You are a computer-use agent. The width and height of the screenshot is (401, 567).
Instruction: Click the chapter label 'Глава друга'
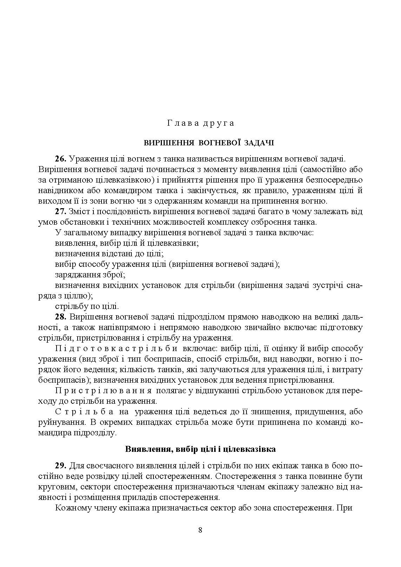(x=200, y=123)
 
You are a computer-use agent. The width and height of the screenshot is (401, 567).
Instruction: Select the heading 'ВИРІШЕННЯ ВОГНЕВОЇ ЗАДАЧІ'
(x=209, y=143)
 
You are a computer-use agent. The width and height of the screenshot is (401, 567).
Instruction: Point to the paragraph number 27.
(x=61, y=212)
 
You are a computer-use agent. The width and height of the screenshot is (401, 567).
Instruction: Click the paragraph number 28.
(x=61, y=317)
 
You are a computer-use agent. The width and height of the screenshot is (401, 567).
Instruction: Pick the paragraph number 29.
(x=61, y=466)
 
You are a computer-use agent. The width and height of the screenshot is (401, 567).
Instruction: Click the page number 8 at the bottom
(x=200, y=530)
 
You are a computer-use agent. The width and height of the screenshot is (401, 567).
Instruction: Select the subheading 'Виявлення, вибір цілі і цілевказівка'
(x=200, y=449)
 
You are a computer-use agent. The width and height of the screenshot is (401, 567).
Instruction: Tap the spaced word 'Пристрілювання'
(x=104, y=391)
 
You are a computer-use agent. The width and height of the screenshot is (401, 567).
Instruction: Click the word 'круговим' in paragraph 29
(x=57, y=487)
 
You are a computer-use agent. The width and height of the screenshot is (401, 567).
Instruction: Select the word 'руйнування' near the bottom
(x=58, y=422)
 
